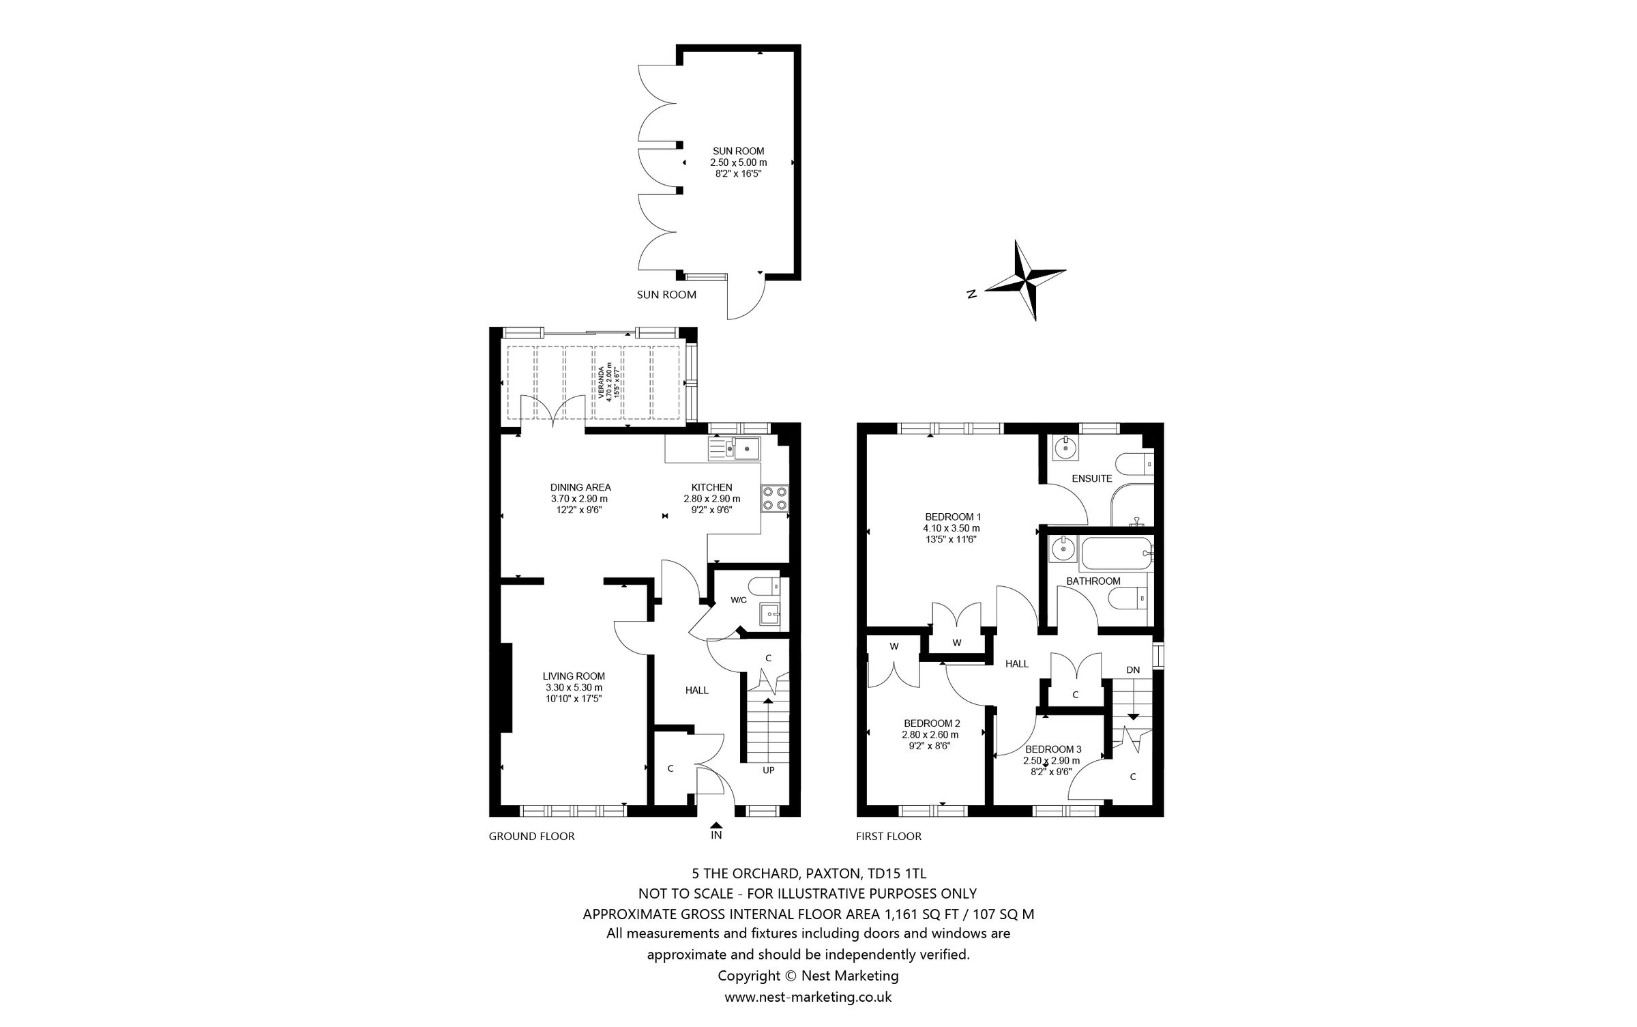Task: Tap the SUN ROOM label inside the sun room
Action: pyautogui.click(x=738, y=151)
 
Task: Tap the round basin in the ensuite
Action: pyautogui.click(x=1063, y=448)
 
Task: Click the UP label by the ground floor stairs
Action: pyautogui.click(x=769, y=770)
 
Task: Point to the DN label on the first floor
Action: pyautogui.click(x=1133, y=669)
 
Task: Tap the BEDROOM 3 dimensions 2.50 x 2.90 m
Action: pyautogui.click(x=1051, y=760)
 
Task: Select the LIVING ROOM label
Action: pyautogui.click(x=574, y=676)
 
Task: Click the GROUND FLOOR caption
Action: pyautogui.click(x=531, y=836)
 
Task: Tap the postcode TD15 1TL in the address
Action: pyautogui.click(x=896, y=873)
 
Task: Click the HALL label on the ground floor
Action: pyautogui.click(x=697, y=690)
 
